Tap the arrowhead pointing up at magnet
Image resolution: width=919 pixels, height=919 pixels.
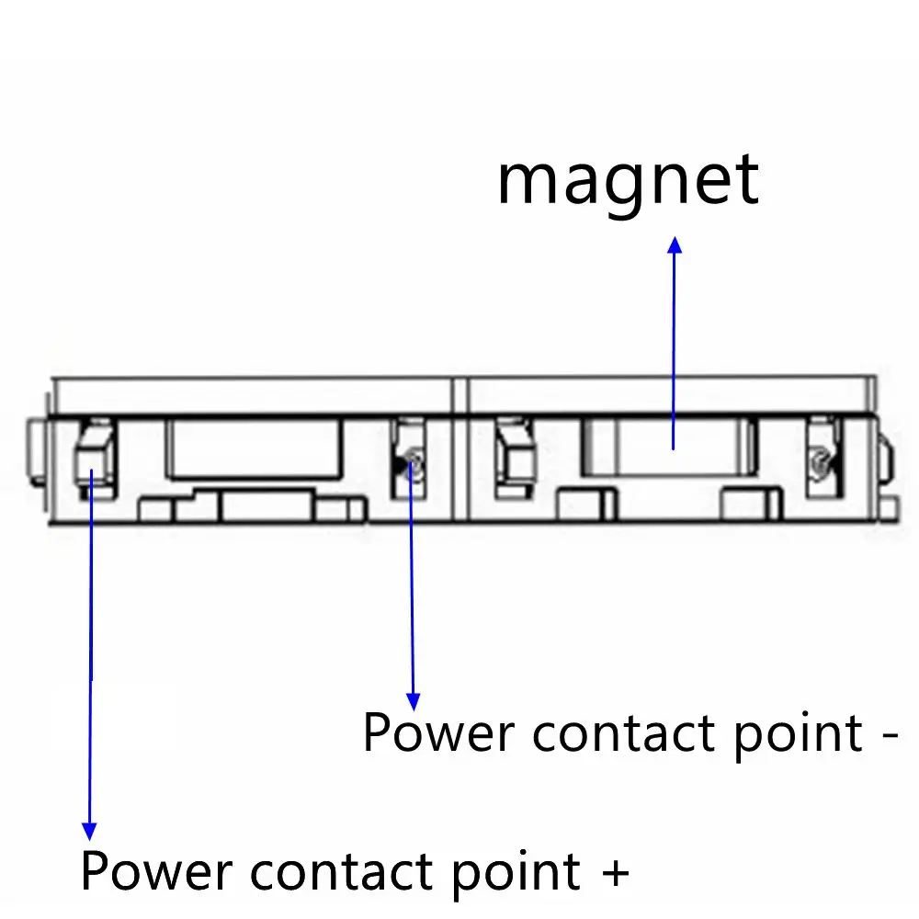675,245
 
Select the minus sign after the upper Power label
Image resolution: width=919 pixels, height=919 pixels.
888,735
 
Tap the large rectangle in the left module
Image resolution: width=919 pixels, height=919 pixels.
255,448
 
